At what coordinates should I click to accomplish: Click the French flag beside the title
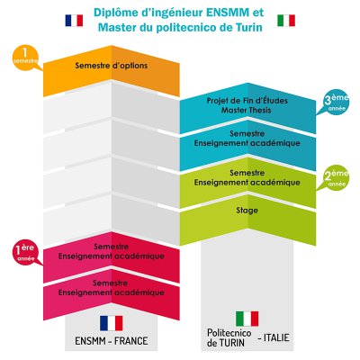click(x=74, y=21)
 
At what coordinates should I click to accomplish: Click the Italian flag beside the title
click(x=286, y=21)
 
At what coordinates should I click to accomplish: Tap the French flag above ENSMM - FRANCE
click(x=111, y=323)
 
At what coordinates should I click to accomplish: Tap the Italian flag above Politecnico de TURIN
click(x=247, y=319)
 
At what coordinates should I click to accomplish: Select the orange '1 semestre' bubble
click(x=25, y=58)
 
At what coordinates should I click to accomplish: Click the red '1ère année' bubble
click(x=25, y=252)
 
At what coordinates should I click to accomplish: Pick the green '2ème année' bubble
click(x=334, y=177)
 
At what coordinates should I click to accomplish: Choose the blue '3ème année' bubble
click(x=334, y=102)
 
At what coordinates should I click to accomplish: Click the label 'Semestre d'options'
click(x=112, y=66)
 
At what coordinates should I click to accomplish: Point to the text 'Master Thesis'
click(x=247, y=110)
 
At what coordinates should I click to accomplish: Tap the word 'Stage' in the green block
click(x=247, y=211)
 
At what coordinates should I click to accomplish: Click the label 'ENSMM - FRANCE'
click(x=112, y=341)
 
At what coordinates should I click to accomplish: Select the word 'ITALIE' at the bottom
click(x=273, y=337)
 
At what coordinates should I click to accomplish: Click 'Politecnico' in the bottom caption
click(x=229, y=333)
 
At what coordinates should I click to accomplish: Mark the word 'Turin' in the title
click(x=247, y=28)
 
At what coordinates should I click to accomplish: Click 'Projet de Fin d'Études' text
click(x=247, y=101)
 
